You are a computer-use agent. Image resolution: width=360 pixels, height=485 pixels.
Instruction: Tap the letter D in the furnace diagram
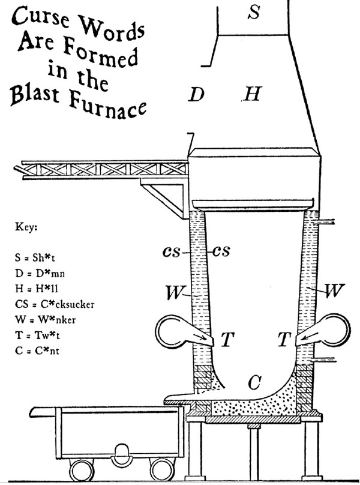click(196, 94)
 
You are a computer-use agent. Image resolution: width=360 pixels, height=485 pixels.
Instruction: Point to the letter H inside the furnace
click(253, 94)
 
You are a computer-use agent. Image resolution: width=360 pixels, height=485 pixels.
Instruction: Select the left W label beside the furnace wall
click(175, 293)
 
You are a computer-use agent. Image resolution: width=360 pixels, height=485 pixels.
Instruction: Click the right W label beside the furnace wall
click(334, 292)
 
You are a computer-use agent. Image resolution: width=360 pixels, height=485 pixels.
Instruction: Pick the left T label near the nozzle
click(226, 340)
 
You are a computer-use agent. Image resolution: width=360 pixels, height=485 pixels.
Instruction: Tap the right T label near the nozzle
click(284, 340)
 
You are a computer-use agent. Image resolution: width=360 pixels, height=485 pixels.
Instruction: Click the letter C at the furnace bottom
click(255, 381)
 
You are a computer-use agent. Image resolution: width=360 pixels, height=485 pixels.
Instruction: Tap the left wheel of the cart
click(82, 469)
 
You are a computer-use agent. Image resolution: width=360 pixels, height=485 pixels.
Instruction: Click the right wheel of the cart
click(160, 469)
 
